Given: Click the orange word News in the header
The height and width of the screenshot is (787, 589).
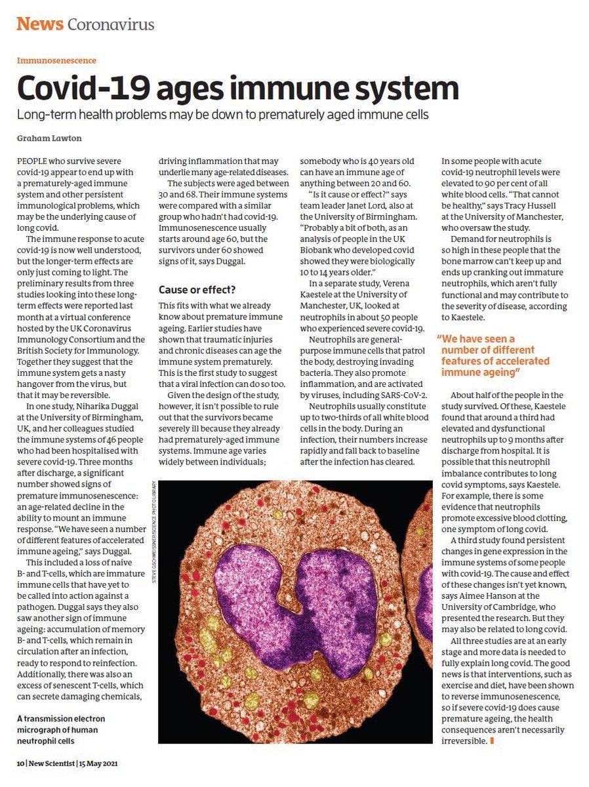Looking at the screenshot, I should [39, 24].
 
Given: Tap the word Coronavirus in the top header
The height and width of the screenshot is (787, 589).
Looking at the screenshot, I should [111, 25].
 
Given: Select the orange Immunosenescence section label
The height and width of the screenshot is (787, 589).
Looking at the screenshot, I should [56, 60].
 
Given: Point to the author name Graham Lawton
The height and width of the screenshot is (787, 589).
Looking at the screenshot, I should [45, 138].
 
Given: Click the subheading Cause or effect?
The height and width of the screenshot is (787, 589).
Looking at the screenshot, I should [197, 289].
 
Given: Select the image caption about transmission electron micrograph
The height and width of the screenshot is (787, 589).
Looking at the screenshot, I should [60, 729].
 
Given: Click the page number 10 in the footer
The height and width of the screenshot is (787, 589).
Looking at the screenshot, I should [20, 763].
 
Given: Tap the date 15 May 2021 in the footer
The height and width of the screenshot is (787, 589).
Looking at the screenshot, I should [99, 763].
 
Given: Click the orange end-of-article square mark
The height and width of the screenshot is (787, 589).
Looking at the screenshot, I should [491, 741].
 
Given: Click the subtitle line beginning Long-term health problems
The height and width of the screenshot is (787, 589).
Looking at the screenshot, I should [222, 114].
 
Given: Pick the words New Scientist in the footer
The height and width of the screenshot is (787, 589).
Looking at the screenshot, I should [52, 763].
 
